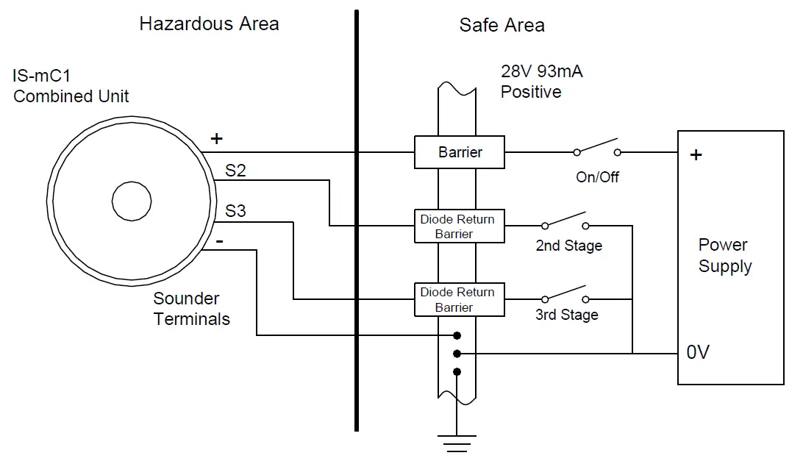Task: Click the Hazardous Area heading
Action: click(209, 24)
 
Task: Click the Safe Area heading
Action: click(502, 25)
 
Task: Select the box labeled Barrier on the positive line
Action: click(460, 153)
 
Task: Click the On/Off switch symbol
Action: click(596, 149)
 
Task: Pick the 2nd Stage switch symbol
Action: click(565, 222)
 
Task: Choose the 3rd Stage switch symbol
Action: click(565, 296)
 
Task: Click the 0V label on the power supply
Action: click(697, 353)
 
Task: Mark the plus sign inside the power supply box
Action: click(696, 155)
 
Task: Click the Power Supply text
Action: click(724, 255)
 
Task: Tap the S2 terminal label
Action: click(235, 171)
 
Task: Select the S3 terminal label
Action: click(235, 212)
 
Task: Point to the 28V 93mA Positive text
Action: click(541, 82)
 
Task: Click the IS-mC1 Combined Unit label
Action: click(71, 86)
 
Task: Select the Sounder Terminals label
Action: click(190, 309)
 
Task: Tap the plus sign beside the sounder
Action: click(216, 138)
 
